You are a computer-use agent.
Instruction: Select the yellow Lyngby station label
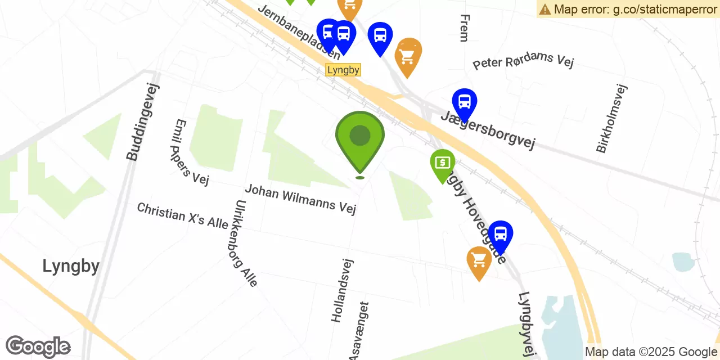click(x=343, y=70)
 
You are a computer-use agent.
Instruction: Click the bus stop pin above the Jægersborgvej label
click(x=465, y=103)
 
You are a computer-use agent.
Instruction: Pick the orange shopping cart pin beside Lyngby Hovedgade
click(x=479, y=261)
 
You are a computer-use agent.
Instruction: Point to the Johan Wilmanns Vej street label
click(x=300, y=199)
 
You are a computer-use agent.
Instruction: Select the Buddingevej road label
click(x=143, y=122)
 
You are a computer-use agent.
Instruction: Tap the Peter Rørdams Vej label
click(x=523, y=61)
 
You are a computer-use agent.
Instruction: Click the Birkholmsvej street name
click(x=611, y=118)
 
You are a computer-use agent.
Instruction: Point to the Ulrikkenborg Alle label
click(x=246, y=243)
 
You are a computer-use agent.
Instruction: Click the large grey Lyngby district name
click(x=71, y=265)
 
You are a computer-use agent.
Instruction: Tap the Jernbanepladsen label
click(x=299, y=31)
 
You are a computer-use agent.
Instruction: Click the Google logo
click(x=38, y=347)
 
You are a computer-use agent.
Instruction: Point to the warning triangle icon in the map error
click(x=544, y=9)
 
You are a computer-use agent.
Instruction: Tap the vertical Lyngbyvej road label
click(x=526, y=324)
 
